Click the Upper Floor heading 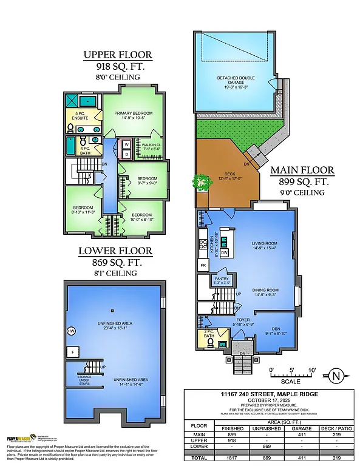118,55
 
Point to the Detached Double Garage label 236,80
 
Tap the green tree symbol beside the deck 199,181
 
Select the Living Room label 264,245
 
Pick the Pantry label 222,280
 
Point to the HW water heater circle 72,331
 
